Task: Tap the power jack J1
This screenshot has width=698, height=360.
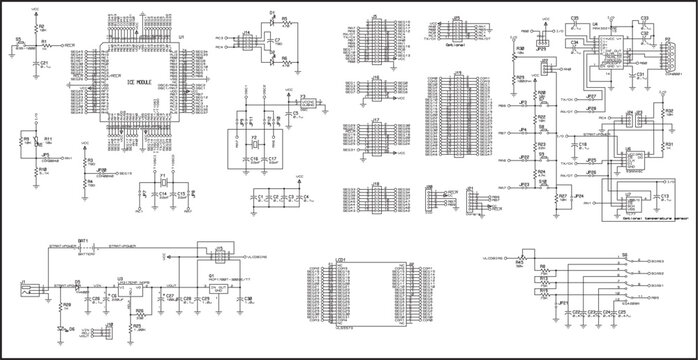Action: click(x=30, y=291)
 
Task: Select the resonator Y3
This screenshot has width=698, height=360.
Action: click(x=309, y=102)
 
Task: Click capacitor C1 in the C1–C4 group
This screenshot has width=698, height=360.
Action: click(x=260, y=197)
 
